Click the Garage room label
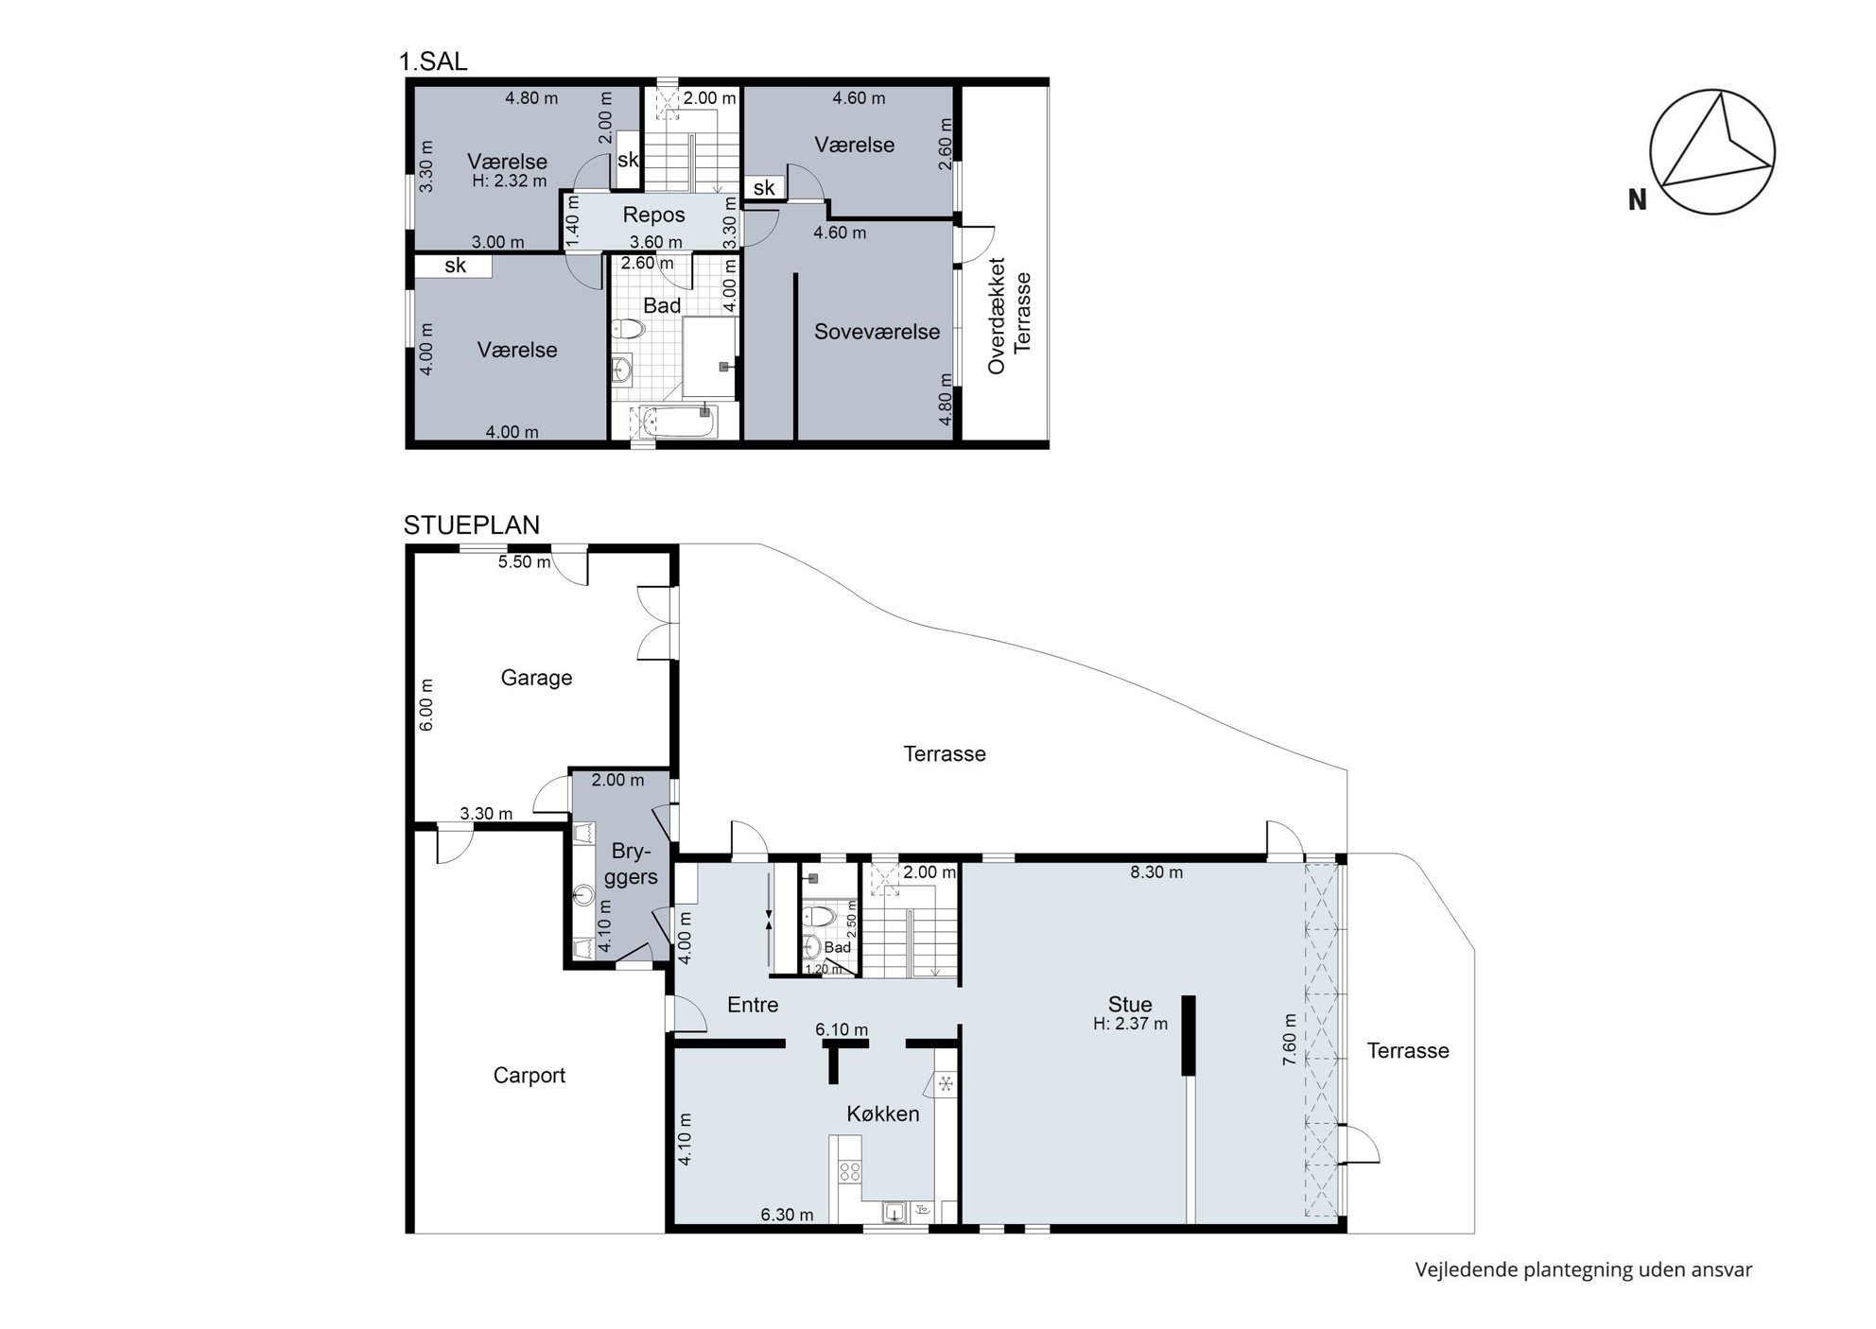pos(536,678)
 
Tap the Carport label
pos(530,1076)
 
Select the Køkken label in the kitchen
pos(883,1113)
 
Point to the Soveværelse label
pos(877,332)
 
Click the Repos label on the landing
pos(653,216)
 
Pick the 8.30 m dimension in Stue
pos(1156,872)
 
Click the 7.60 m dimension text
pos(1290,1040)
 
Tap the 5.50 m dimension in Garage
pos(524,562)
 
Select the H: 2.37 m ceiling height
pos(1130,1024)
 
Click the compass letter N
pos(1638,199)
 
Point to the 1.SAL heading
pos(433,62)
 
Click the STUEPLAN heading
pos(472,526)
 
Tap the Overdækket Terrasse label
pos(1009,316)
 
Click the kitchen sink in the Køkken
pos(895,1212)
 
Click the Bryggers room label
pos(631,864)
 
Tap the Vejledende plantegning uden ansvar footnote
pos(1584,1269)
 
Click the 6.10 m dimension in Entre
pos(842,1029)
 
